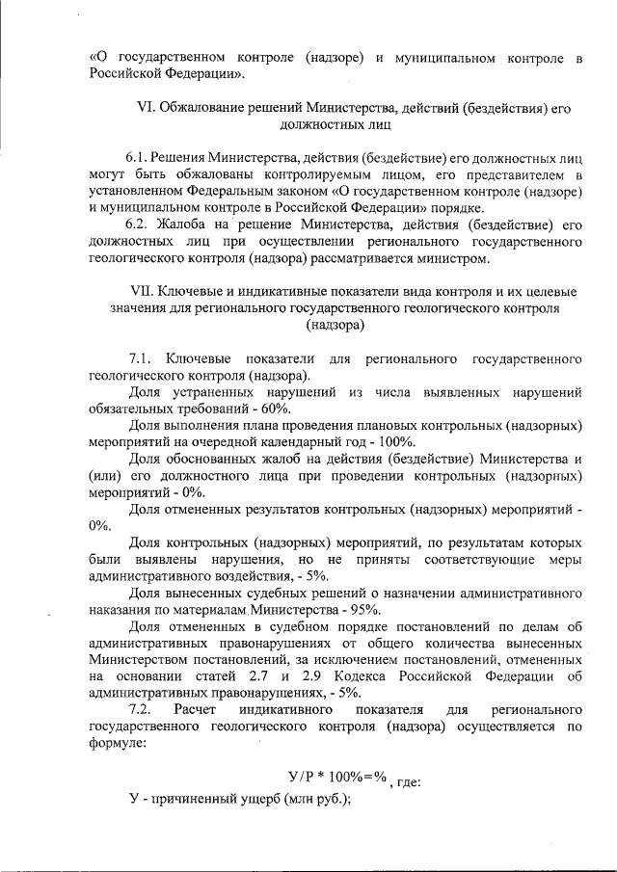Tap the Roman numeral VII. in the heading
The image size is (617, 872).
(143, 291)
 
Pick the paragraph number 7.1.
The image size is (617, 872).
(143, 359)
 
